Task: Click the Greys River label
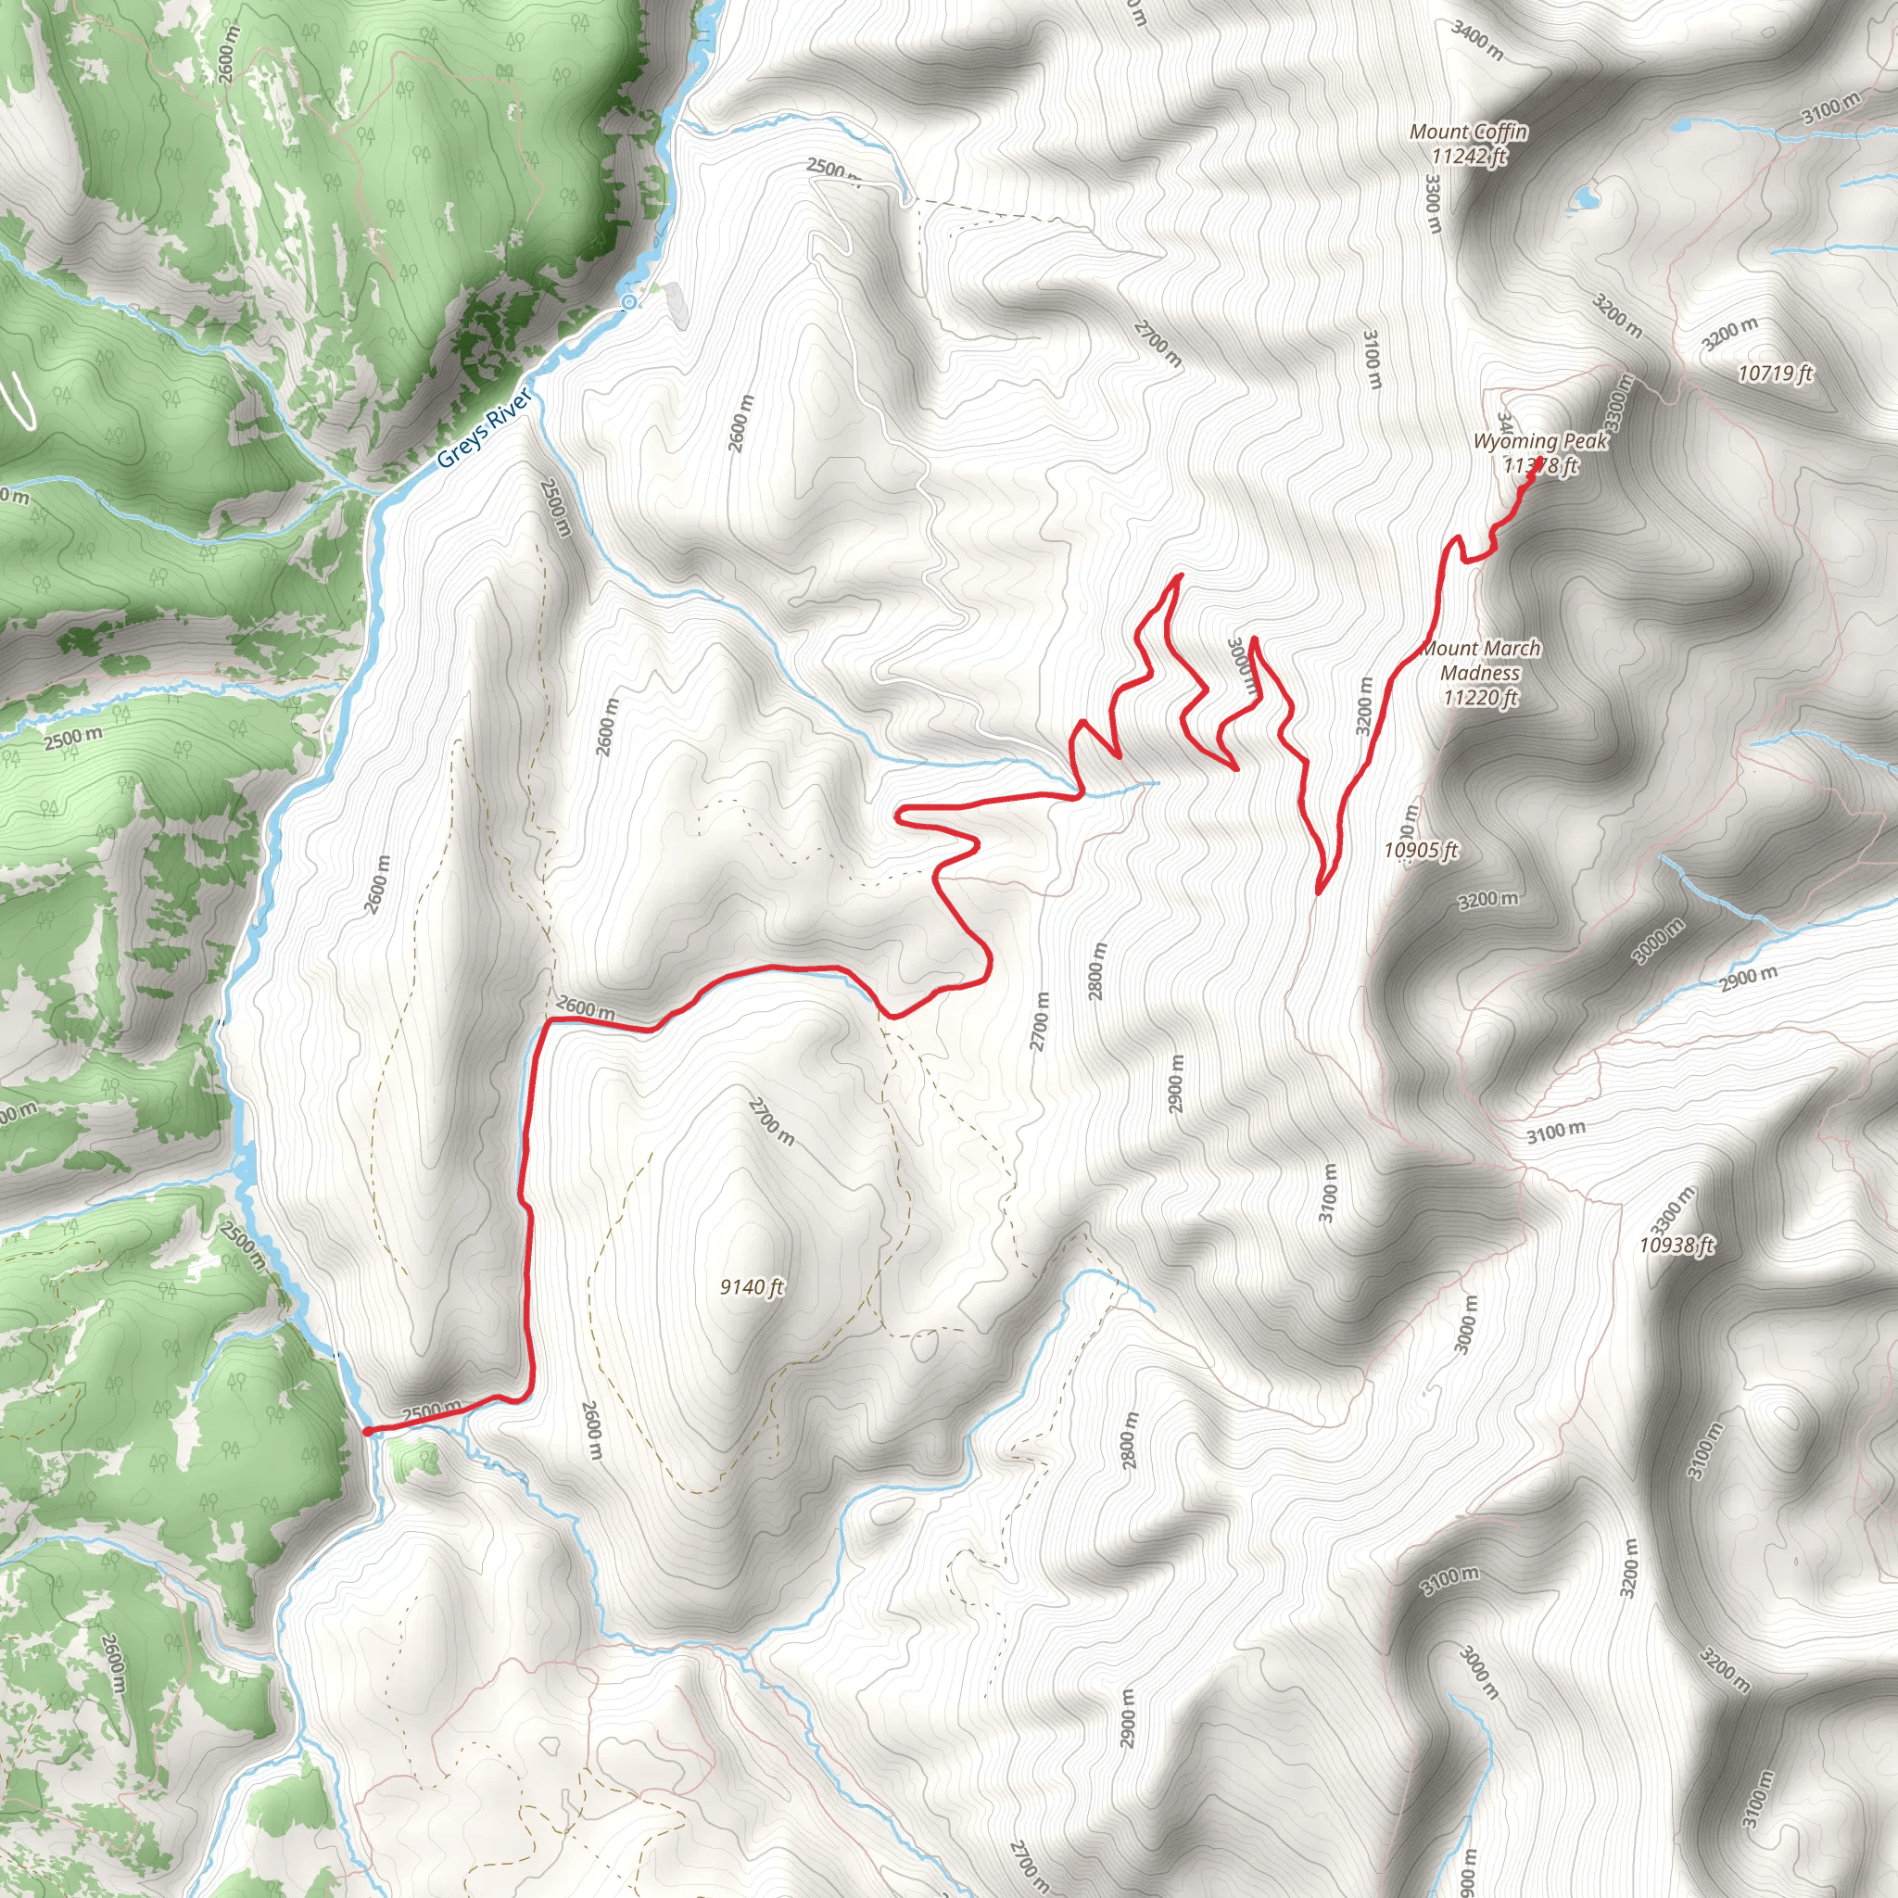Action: click(x=484, y=428)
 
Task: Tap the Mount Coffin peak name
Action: click(x=1469, y=132)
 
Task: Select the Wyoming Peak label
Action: click(x=1539, y=442)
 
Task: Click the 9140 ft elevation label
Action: click(x=752, y=1287)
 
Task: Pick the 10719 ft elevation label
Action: click(x=1774, y=373)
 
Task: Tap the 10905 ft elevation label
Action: click(x=1421, y=851)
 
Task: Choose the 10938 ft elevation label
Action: click(x=1676, y=1246)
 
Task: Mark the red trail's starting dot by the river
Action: click(x=366, y=1431)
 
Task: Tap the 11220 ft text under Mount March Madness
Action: click(x=1480, y=699)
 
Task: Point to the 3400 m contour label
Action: click(x=1476, y=40)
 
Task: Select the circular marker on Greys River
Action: click(x=628, y=301)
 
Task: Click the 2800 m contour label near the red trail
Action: click(x=1097, y=970)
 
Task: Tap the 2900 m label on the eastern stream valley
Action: click(x=1749, y=979)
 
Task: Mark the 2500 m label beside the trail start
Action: click(x=431, y=1411)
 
